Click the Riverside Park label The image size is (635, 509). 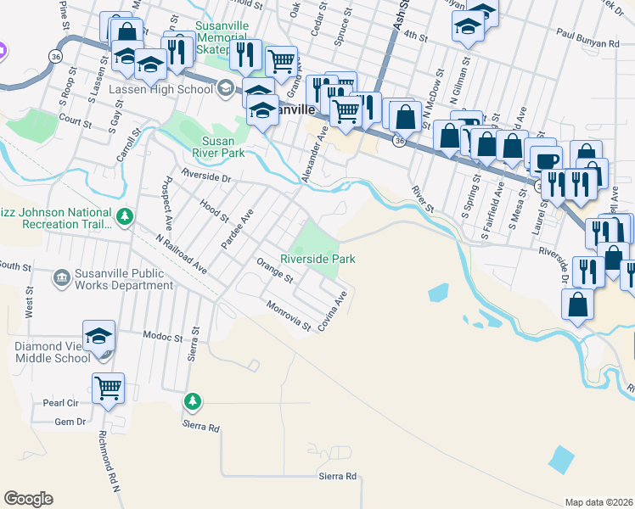[x=317, y=259]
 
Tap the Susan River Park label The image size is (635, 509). [x=223, y=148]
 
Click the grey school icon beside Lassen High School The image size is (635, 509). [x=226, y=87]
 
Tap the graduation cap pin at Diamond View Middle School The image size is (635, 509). [x=98, y=336]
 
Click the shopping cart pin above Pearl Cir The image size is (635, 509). [x=108, y=389]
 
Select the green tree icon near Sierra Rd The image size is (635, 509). [x=193, y=400]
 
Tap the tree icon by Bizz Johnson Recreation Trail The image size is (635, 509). [x=126, y=217]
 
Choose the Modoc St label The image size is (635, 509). [x=163, y=337]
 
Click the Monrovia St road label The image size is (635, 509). [x=288, y=316]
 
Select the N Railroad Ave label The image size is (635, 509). [x=183, y=252]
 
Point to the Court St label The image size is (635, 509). [x=76, y=122]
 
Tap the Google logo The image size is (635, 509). [x=28, y=499]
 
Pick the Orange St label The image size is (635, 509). [x=275, y=274]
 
